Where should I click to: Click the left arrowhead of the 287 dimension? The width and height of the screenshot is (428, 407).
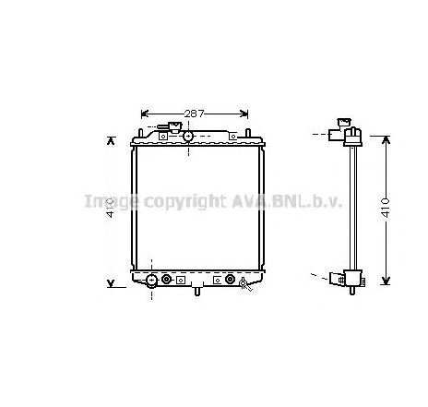(144, 114)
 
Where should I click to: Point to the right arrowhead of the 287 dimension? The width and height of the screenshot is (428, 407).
(244, 114)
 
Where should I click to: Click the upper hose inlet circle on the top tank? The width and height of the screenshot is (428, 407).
(187, 137)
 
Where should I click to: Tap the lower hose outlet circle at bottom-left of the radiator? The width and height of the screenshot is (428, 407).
(152, 280)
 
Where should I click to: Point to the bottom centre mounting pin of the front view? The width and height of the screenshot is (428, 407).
(196, 293)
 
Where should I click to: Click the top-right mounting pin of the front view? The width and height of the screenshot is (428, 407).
(250, 135)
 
